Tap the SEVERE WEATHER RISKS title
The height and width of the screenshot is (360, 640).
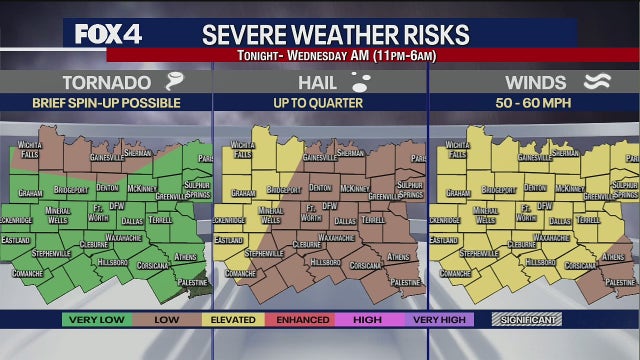335,34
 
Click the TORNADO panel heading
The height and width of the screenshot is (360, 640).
107,83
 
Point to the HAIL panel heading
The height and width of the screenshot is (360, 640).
317,83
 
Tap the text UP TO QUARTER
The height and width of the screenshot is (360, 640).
319,102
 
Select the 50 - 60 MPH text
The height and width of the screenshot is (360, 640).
534,102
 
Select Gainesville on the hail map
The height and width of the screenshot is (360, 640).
320,157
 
